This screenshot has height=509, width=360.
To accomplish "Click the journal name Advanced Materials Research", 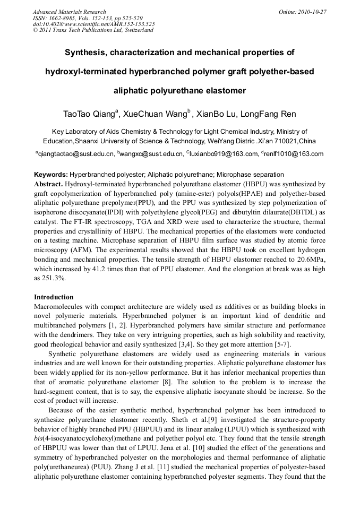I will (69, 11).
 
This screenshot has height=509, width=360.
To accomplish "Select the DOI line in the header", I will (94, 24).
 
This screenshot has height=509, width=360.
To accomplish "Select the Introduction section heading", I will (54, 297).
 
